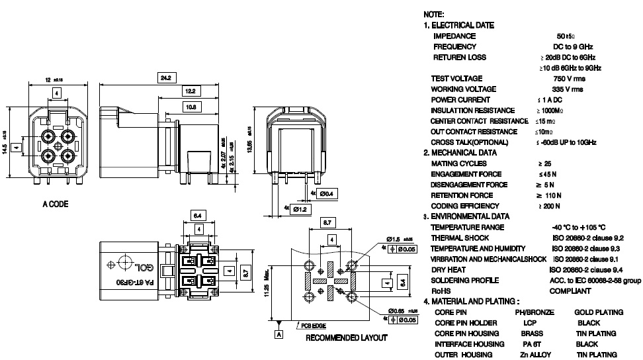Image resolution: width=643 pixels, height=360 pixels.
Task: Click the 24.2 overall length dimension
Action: pos(165,78)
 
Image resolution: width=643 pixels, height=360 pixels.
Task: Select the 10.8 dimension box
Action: pos(190,106)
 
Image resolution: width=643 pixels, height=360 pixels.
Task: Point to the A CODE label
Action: pos(55,204)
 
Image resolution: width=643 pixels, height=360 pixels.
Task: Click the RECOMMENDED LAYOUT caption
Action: pos(346,337)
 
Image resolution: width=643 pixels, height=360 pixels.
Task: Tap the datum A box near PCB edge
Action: pos(279,335)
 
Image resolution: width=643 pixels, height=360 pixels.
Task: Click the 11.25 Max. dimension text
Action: pos(266,285)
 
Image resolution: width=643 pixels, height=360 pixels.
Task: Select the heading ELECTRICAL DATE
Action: pos(462,25)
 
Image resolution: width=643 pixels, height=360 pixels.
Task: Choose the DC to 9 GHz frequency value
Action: pos(573,47)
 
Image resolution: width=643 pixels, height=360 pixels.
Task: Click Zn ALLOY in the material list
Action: pos(535,355)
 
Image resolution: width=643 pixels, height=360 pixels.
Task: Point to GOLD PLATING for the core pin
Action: pos(599,312)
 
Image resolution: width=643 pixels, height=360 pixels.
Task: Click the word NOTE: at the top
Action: pos(433,15)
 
